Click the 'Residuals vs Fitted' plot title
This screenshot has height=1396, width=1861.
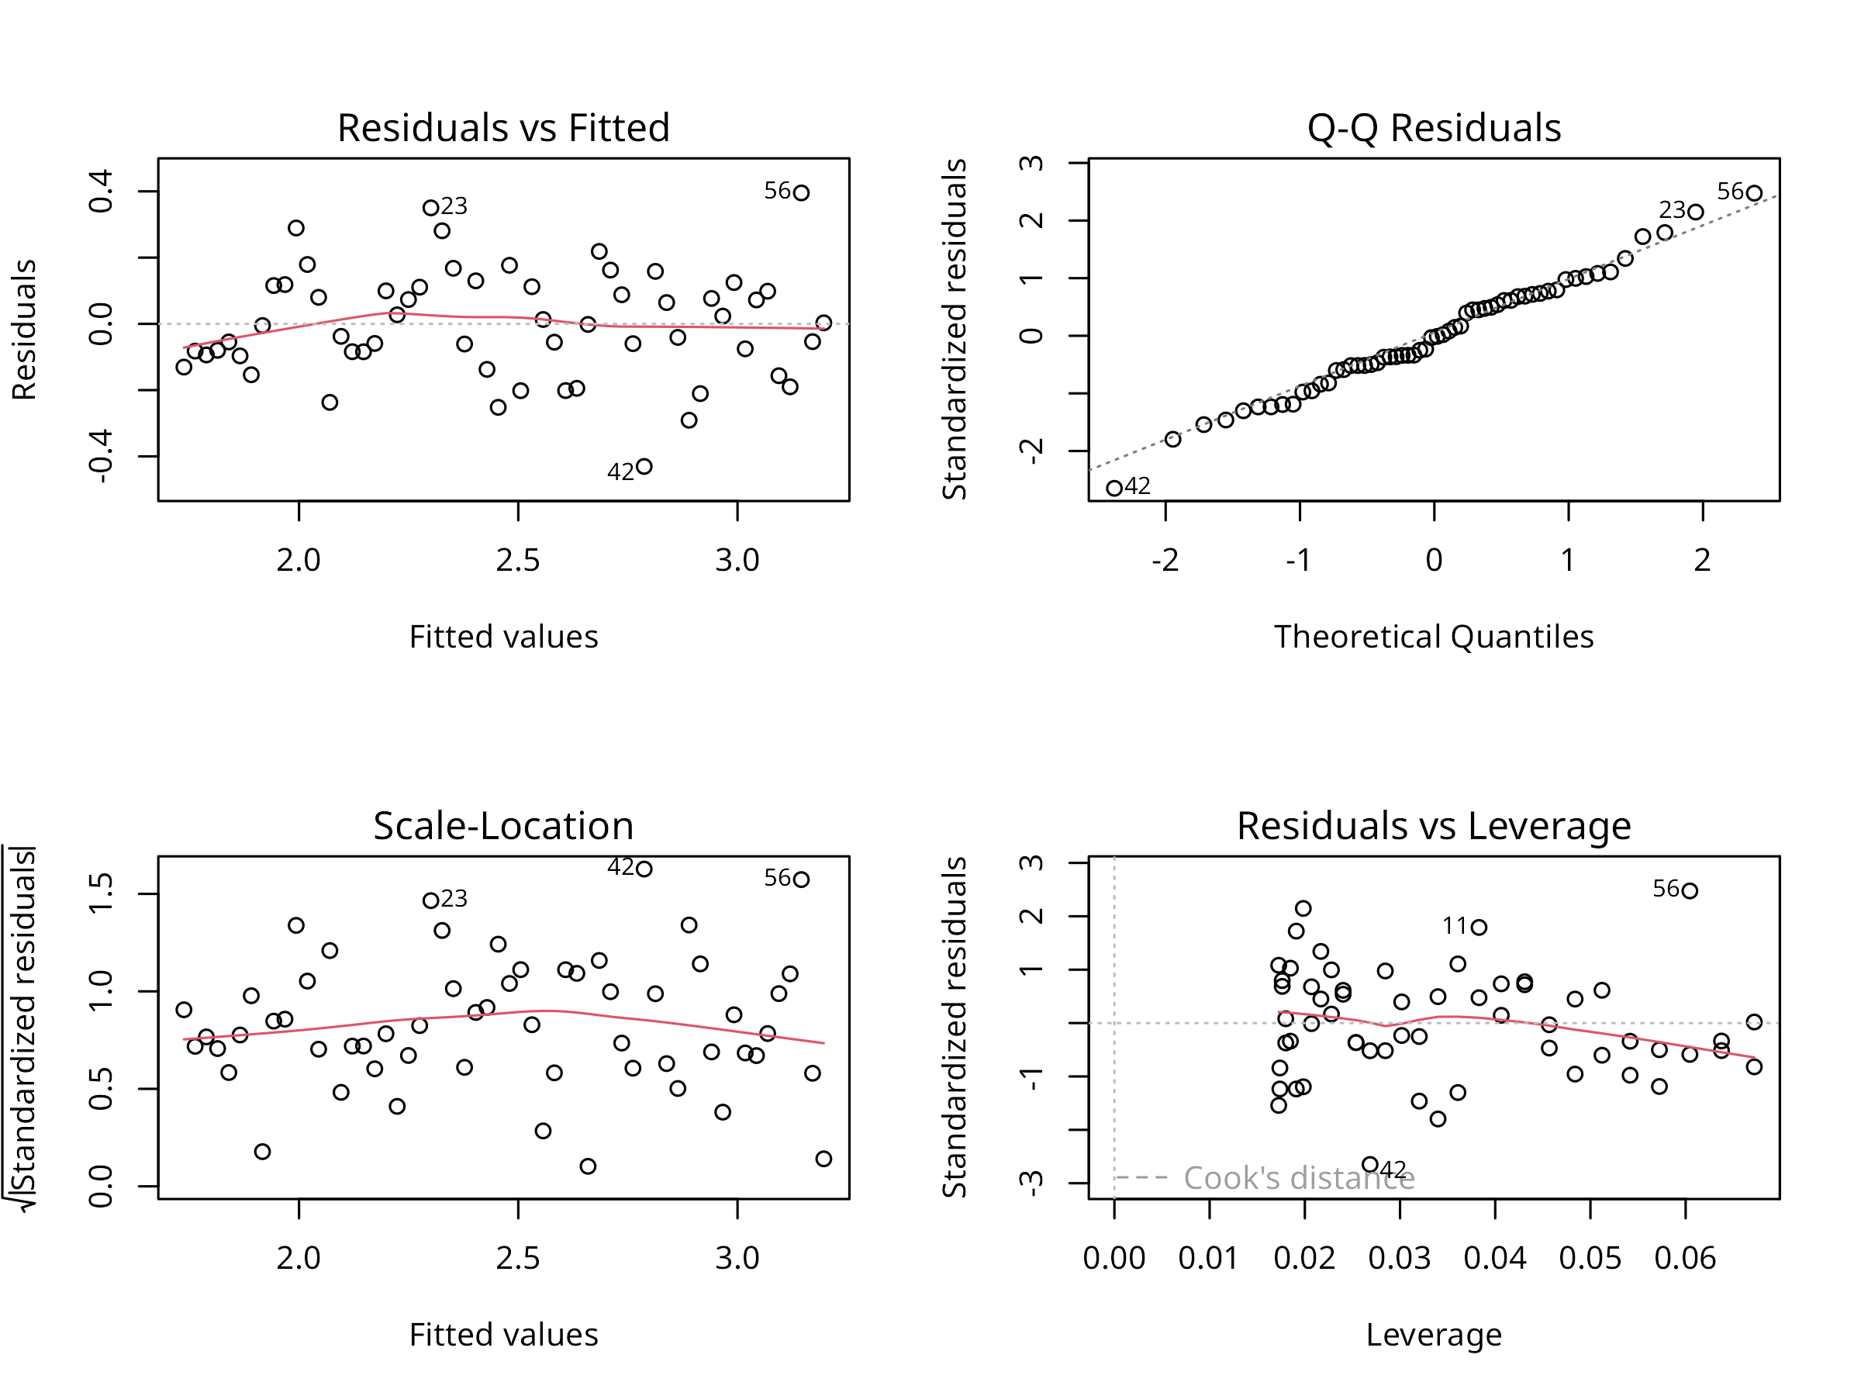pyautogui.click(x=503, y=129)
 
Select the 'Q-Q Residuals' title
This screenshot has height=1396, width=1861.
pyautogui.click(x=1434, y=129)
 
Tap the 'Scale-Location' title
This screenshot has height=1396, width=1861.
pyautogui.click(x=503, y=826)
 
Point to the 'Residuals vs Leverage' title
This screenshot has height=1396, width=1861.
pyautogui.click(x=1434, y=826)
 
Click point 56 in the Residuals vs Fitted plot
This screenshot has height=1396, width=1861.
pyautogui.click(x=801, y=192)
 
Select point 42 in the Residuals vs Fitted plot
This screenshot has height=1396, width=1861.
pyautogui.click(x=644, y=466)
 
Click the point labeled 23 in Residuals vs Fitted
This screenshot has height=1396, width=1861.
pyautogui.click(x=431, y=207)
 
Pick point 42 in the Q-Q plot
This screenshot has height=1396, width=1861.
pyautogui.click(x=1114, y=488)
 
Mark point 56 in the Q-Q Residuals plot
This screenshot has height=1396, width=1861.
pyautogui.click(x=1754, y=192)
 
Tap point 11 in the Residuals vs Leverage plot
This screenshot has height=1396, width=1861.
pyautogui.click(x=1479, y=928)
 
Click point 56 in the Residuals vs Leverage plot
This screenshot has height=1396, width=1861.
pyautogui.click(x=1690, y=891)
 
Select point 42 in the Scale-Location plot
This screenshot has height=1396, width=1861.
pyautogui.click(x=644, y=869)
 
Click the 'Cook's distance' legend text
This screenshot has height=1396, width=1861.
pyautogui.click(x=1299, y=1178)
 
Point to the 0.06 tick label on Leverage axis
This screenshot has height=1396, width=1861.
pyautogui.click(x=1684, y=1259)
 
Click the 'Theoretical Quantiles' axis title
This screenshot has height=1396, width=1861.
pyautogui.click(x=1434, y=637)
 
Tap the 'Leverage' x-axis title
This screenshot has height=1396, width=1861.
pyautogui.click(x=1434, y=1336)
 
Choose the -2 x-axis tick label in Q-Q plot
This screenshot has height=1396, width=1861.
pyautogui.click(x=1165, y=561)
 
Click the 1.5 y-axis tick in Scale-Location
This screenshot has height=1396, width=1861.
pyautogui.click(x=101, y=893)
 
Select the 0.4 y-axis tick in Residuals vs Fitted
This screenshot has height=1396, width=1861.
pyautogui.click(x=101, y=191)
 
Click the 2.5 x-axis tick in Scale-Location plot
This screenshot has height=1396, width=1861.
pyautogui.click(x=518, y=1259)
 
